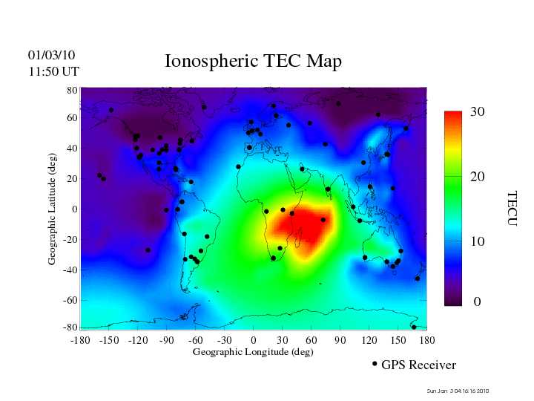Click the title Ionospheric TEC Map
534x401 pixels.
253,62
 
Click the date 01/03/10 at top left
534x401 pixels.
52,56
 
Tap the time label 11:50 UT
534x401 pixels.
53,72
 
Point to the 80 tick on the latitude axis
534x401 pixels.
73,91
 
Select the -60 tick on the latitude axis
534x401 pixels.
70,300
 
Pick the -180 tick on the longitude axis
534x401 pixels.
79,340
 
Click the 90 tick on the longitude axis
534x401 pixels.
340,340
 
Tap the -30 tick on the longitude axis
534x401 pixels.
224,340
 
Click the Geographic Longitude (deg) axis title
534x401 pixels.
253,352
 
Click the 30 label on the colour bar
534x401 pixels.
478,112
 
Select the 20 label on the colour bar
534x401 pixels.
478,177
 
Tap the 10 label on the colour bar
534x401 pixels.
478,241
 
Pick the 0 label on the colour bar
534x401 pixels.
478,302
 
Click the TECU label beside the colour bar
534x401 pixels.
512,208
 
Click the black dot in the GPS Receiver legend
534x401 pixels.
375,364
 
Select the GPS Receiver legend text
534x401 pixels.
418,365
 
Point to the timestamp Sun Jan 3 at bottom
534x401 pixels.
458,391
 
